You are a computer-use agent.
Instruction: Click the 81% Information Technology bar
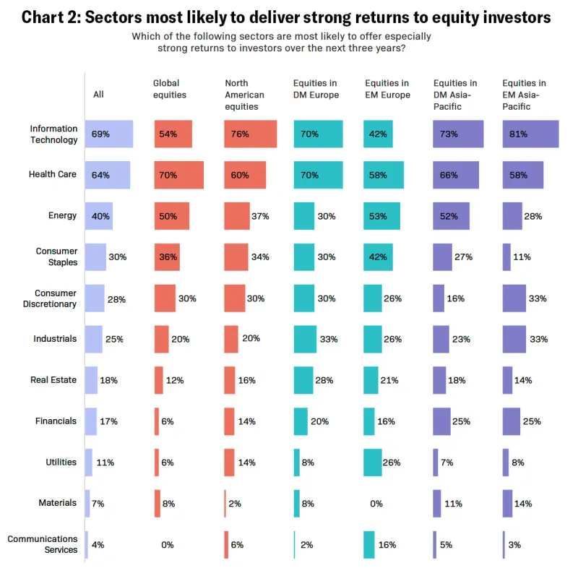click(530, 134)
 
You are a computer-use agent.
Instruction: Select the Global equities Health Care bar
click(178, 174)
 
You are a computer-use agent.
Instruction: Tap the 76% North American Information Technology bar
click(250, 134)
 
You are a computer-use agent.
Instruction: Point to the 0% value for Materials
click(376, 503)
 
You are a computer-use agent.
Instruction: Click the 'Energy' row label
click(62, 215)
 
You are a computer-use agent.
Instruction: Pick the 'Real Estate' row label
click(53, 380)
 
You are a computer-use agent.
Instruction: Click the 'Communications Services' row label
click(43, 544)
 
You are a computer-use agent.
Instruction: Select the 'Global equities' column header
click(170, 89)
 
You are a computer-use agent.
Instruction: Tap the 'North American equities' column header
click(244, 95)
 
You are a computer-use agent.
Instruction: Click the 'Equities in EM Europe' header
click(387, 89)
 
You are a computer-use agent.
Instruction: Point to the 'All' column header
click(98, 94)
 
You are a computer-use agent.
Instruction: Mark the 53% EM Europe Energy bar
click(381, 215)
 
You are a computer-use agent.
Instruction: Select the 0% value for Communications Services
click(167, 544)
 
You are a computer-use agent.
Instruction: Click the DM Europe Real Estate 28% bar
click(303, 380)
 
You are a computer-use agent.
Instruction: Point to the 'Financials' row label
click(56, 421)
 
